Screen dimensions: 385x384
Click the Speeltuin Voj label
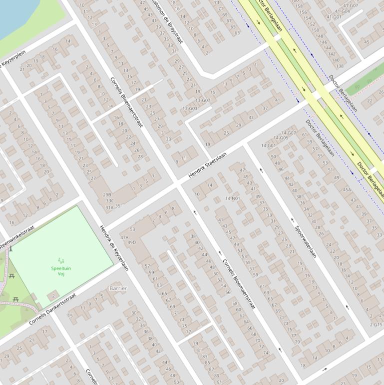(61, 271)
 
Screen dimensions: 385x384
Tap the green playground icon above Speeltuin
(61, 260)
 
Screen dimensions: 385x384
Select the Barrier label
(118, 288)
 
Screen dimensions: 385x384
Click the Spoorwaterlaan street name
(305, 241)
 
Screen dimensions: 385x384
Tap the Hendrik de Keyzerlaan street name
(114, 248)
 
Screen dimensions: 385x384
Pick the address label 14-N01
(232, 198)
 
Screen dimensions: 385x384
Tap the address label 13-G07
(203, 100)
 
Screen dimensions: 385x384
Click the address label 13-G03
(190, 108)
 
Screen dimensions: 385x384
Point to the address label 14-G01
(268, 146)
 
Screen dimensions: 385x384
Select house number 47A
(124, 238)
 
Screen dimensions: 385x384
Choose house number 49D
(131, 242)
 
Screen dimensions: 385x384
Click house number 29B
(107, 195)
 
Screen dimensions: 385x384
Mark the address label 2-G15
(377, 324)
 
